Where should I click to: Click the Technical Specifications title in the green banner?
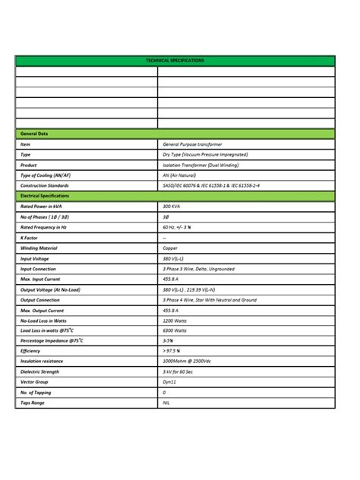(175, 61)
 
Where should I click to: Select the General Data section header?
(34, 134)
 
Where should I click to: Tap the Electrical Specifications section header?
(44, 196)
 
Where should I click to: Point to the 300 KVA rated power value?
(172, 207)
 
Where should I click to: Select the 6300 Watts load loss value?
(175, 330)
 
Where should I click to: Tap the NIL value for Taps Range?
(167, 403)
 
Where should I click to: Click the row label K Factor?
(30, 238)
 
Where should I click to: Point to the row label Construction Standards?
(45, 185)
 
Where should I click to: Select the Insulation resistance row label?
(42, 362)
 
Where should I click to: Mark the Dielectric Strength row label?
(39, 371)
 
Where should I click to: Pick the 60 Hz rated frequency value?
(180, 227)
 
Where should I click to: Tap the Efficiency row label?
(30, 351)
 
